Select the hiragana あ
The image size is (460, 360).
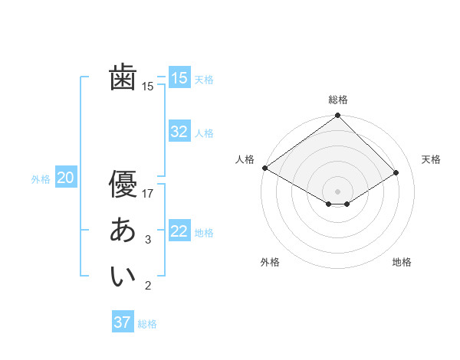123,230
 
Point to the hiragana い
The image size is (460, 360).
123,277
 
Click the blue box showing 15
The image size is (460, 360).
179,78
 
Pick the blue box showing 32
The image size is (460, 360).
179,132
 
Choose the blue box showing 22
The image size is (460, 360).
179,231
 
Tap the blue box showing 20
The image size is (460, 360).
66,178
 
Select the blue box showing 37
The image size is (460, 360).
123,322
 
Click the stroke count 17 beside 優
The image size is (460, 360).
148,193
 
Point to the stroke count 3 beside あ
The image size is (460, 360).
148,240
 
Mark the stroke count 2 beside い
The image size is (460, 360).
148,286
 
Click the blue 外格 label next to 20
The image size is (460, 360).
41,179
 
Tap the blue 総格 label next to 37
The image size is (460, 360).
147,324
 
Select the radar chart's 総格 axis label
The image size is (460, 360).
337,100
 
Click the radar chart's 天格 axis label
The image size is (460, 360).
431,159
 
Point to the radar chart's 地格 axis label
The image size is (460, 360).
402,262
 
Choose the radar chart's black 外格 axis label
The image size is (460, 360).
270,262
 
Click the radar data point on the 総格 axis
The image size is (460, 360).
337,116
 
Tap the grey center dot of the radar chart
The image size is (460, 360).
337,190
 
